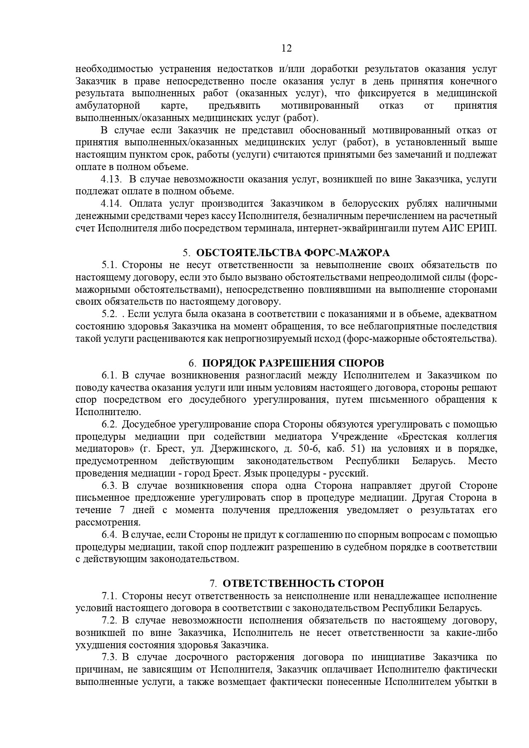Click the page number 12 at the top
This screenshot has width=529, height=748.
coord(287,48)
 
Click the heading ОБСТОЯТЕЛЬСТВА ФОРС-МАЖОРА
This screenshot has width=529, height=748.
coord(293,253)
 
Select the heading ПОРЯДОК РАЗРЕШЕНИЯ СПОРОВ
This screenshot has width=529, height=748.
coord(293,363)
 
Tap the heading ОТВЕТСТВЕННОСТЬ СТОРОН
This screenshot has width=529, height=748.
coord(303,583)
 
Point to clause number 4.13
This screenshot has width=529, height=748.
coord(112,179)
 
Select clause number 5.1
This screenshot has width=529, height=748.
coord(109,265)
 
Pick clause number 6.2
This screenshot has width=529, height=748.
coord(109,425)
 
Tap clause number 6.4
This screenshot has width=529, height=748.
coord(109,534)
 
